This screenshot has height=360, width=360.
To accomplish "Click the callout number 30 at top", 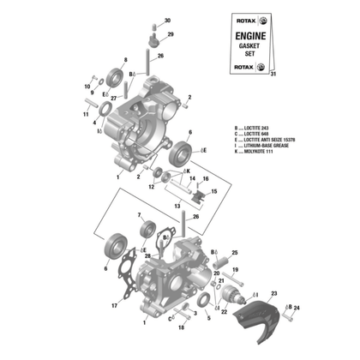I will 168,20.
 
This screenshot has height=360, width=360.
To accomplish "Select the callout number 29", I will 170,34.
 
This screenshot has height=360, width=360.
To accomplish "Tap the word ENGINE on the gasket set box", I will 249,36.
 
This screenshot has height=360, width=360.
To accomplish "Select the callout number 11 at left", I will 86,113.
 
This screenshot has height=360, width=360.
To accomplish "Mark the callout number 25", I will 235,254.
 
